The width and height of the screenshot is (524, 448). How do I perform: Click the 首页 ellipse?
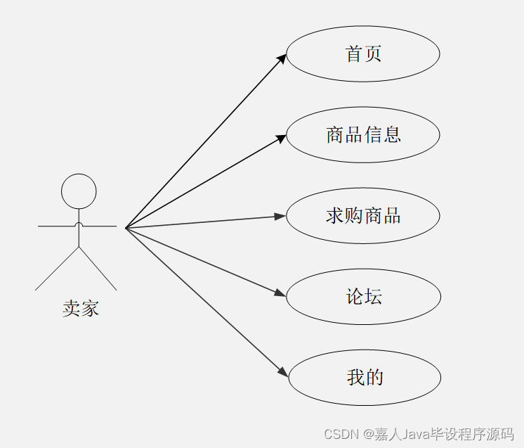(x=363, y=54)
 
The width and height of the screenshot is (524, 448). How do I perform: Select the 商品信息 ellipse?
(x=363, y=134)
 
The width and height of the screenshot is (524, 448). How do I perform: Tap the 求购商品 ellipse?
(x=363, y=215)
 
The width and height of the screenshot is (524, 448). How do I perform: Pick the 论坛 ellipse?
(x=364, y=296)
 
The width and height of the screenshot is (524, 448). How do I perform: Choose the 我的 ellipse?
(x=365, y=378)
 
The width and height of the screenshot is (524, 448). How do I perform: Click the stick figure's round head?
(x=79, y=191)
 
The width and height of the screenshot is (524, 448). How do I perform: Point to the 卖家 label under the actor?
(x=80, y=308)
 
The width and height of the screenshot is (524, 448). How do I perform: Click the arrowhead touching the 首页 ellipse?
(x=282, y=59)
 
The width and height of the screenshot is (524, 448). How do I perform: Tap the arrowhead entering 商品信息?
(x=281, y=139)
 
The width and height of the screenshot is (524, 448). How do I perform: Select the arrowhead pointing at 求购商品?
(x=280, y=216)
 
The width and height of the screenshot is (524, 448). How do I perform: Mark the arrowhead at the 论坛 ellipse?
(x=281, y=294)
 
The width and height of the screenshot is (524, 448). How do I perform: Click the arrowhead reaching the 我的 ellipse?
(x=283, y=372)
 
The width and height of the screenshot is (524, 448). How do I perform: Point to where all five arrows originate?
(x=126, y=228)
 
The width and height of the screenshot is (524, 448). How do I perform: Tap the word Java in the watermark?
(x=417, y=433)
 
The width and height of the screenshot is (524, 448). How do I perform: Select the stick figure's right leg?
(x=98, y=268)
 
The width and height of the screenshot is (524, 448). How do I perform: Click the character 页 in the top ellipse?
(x=373, y=54)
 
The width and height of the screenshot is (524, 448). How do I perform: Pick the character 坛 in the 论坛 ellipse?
(x=373, y=296)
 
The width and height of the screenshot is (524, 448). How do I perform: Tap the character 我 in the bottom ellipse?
(x=355, y=378)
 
